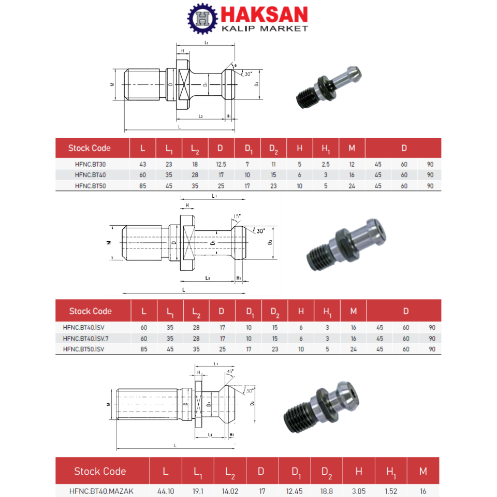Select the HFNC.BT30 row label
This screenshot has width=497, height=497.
(90, 164)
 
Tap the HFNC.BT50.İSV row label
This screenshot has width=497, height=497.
(84, 349)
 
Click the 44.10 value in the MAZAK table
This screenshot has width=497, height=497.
(165, 491)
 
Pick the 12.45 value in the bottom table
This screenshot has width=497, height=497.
(296, 491)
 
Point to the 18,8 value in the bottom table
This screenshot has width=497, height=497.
(327, 491)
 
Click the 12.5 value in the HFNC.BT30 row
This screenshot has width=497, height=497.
(221, 164)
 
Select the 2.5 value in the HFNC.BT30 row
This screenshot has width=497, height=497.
(326, 164)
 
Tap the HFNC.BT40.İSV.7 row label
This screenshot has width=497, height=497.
(86, 338)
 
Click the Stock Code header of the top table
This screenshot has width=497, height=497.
(90, 148)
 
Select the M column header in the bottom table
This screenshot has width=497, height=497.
(423, 471)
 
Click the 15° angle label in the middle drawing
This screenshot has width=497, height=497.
(237, 216)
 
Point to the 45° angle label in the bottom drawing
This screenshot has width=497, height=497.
(230, 371)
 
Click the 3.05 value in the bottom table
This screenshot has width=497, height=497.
(359, 491)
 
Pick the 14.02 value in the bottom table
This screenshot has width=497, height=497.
(230, 491)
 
